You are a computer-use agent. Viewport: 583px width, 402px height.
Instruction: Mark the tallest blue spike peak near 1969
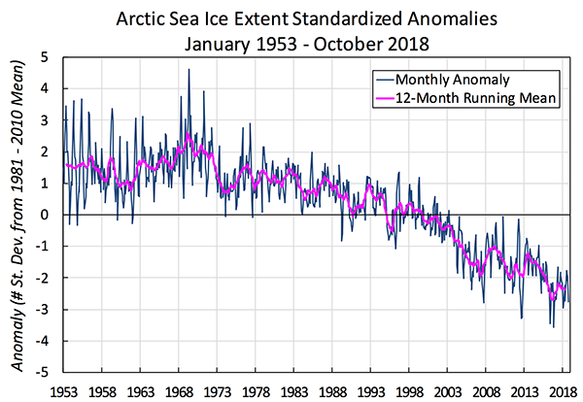(189, 69)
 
